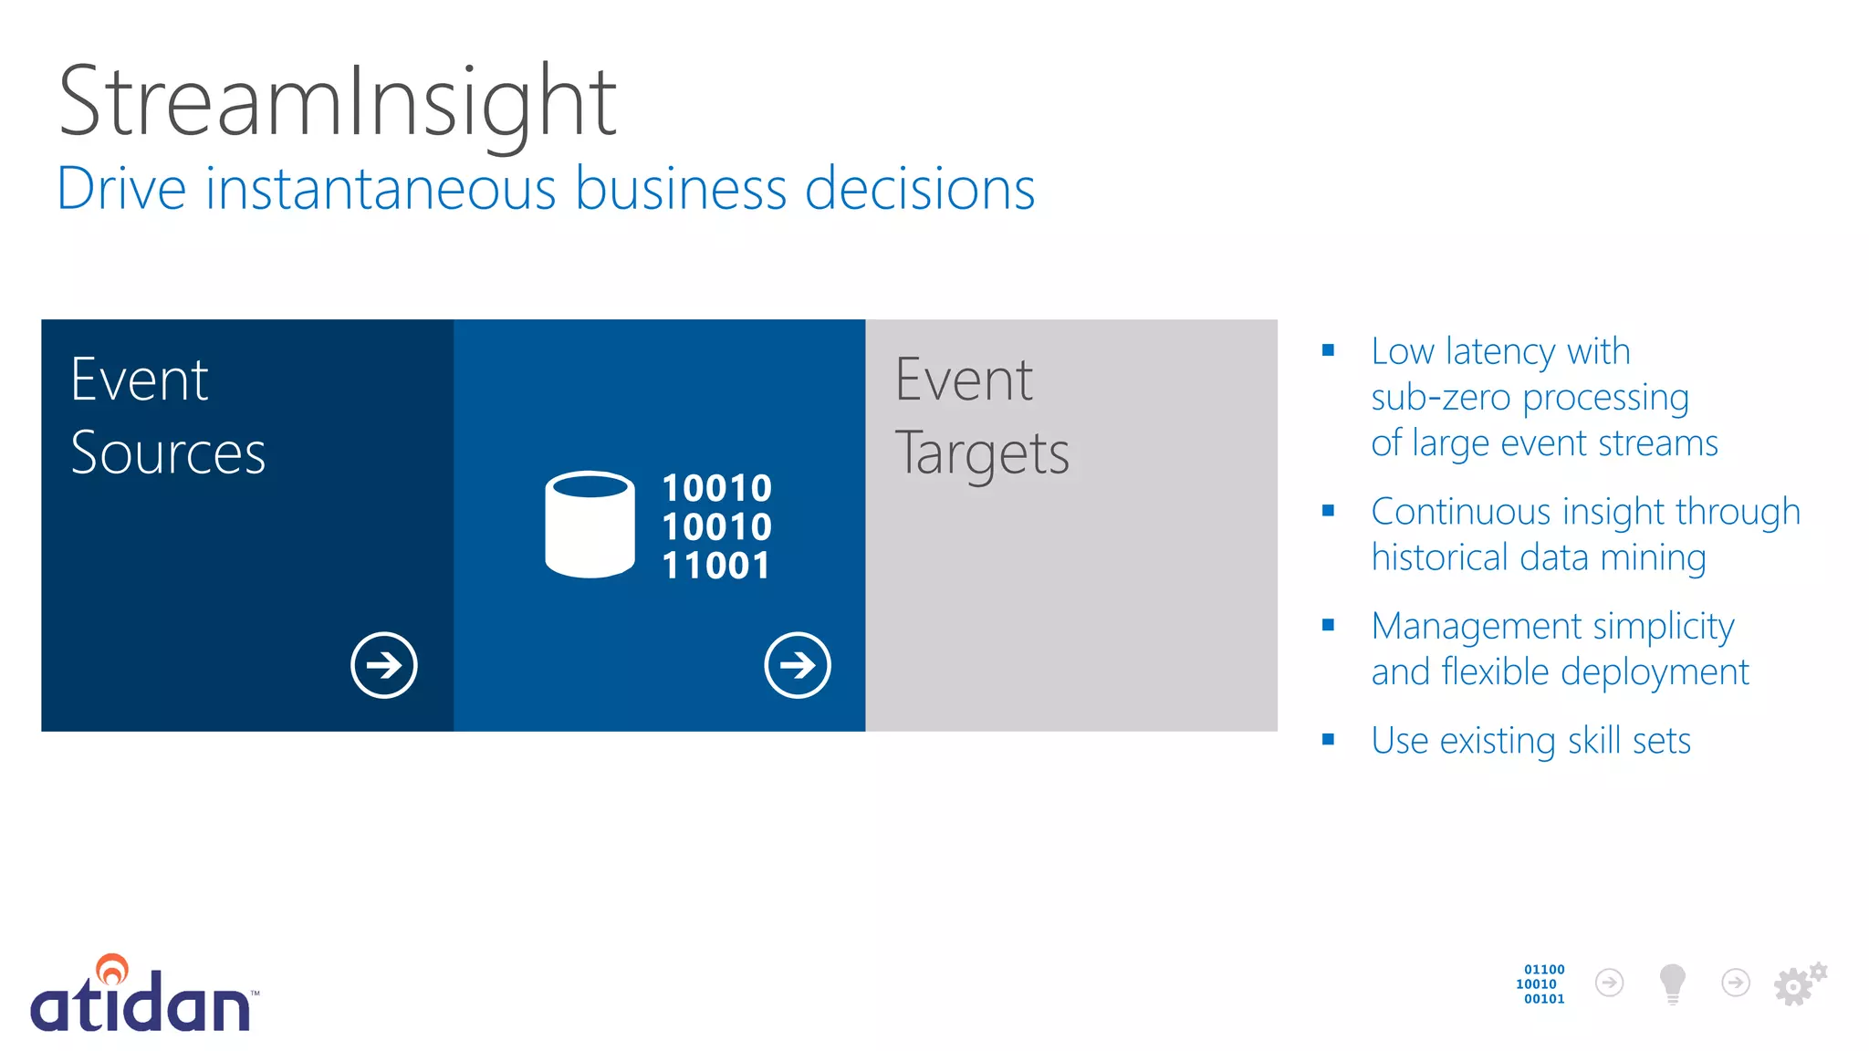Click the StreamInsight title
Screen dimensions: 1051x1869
point(338,102)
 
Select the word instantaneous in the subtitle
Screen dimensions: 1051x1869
point(381,189)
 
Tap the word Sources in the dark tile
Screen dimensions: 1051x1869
point(168,453)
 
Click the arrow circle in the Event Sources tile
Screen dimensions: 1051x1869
point(384,665)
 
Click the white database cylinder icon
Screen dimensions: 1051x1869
point(590,525)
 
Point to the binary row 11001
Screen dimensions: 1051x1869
point(716,566)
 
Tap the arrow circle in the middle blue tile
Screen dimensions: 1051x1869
point(798,665)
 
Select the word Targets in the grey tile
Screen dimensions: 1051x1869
point(982,454)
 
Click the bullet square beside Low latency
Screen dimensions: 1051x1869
point(1328,350)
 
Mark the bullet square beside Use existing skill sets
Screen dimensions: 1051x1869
point(1328,740)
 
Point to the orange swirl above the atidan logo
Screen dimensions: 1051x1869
point(112,969)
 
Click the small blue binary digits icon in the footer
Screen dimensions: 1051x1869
point(1541,984)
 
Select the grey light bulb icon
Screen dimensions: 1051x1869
point(1672,983)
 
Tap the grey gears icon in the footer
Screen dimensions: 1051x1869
point(1799,983)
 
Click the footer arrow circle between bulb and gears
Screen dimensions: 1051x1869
point(1735,983)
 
